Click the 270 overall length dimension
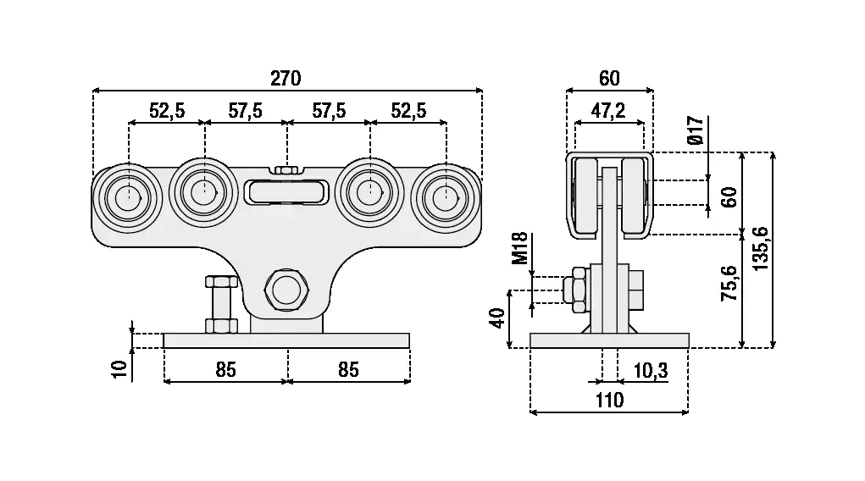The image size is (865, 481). pos(286,79)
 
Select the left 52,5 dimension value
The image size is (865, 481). pos(167,110)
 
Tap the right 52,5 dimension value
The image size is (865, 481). pos(408,110)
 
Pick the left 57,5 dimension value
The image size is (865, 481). pos(245,110)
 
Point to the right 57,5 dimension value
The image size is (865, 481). pos(328,110)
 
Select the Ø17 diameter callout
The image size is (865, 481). pos(696,128)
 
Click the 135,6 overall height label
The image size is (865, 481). pos(760,249)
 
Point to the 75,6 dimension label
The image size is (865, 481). pos(729,283)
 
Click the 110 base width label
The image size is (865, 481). pos(608,401)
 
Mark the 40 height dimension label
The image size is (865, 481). pos(497,318)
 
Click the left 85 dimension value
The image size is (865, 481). pos(225,370)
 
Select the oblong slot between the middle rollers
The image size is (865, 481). pos(286,192)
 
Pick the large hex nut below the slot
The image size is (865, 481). pos(286,289)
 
